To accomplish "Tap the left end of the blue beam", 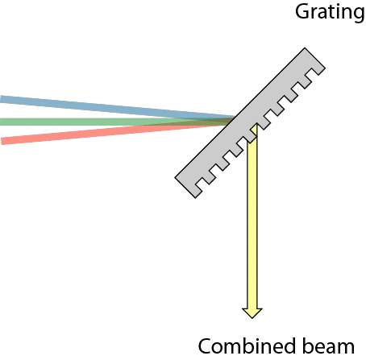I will click(x=3, y=99).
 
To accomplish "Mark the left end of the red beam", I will click(x=4, y=141).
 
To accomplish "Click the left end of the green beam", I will click(x=3, y=122).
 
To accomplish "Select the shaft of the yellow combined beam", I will click(x=252, y=217).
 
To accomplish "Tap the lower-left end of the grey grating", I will click(x=185, y=184).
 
